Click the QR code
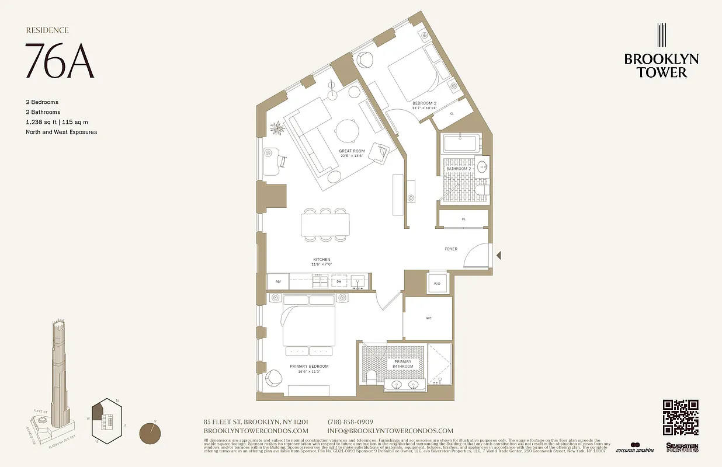click(681, 417)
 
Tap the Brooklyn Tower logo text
click(661, 65)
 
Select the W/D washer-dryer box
click(436, 284)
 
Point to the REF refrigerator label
click(278, 282)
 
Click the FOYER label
click(451, 249)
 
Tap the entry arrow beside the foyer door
click(498, 255)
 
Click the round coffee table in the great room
click(346, 130)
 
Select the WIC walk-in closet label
click(428, 318)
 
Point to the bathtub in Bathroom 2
click(461, 144)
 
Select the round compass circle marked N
click(151, 434)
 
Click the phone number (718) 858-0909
click(350, 422)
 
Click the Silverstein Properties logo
click(682, 447)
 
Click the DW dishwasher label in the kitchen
click(338, 282)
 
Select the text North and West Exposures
click(61, 132)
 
